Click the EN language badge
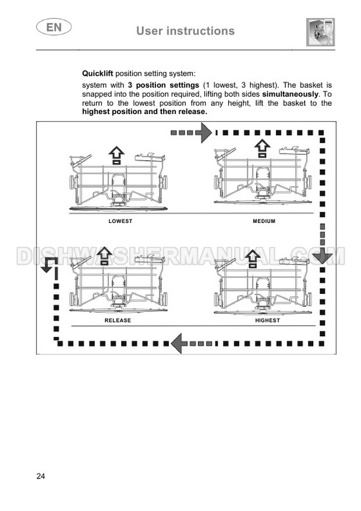[54, 27]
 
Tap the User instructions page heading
[185, 31]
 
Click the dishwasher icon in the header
[321, 32]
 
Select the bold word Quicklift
[97, 73]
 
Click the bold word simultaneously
[290, 94]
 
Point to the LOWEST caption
[121, 221]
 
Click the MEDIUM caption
[264, 221]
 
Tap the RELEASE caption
[118, 320]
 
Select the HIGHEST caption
[267, 320]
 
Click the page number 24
[41, 476]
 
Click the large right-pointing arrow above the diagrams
[206, 133]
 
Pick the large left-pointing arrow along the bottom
[178, 343]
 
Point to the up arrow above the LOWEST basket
[117, 155]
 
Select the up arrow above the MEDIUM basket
[262, 148]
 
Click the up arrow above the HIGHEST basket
[252, 259]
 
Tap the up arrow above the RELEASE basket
[104, 255]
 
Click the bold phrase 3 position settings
[164, 86]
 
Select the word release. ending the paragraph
[193, 112]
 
